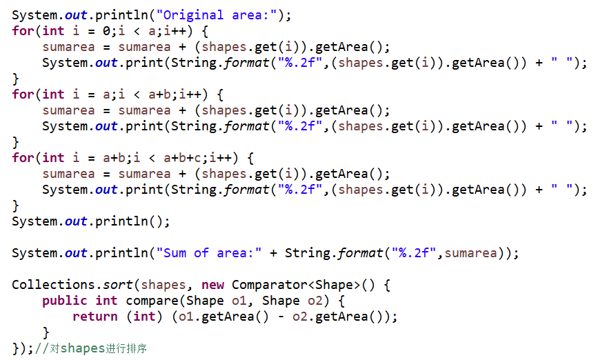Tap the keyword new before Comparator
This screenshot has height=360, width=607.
212,285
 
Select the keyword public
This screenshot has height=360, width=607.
64,301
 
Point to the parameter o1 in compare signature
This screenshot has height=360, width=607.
239,301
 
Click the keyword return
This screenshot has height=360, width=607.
94,317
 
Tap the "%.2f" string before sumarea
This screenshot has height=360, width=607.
413,253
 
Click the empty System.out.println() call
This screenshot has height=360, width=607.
90,221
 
